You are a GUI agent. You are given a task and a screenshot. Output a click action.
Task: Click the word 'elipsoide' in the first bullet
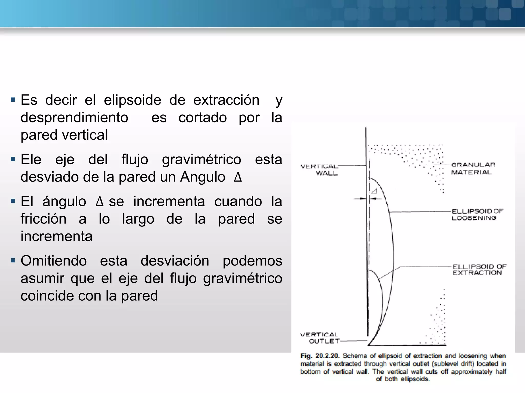click(132, 100)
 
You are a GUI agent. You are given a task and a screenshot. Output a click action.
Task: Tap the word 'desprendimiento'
click(74, 118)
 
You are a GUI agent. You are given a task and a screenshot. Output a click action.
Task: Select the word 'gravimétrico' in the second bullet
click(201, 160)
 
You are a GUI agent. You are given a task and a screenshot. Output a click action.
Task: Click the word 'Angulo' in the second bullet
click(203, 177)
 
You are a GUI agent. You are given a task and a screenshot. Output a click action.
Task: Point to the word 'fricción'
click(43, 219)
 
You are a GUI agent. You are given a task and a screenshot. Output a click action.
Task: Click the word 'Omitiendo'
click(54, 261)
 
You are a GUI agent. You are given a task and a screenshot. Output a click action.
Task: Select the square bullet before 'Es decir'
click(13, 99)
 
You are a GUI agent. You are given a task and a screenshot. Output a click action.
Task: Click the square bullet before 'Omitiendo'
click(13, 261)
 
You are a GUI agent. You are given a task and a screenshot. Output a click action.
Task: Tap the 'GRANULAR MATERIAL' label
click(473, 168)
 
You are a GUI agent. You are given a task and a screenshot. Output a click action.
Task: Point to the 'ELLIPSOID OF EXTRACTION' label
click(479, 270)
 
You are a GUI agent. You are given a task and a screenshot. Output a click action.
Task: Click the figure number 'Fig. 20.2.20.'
click(320, 356)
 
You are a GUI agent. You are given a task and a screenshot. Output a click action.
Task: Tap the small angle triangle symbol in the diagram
click(375, 191)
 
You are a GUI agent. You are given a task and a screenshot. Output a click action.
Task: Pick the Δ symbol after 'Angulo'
click(238, 177)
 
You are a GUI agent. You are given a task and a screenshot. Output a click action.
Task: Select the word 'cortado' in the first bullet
click(203, 118)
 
